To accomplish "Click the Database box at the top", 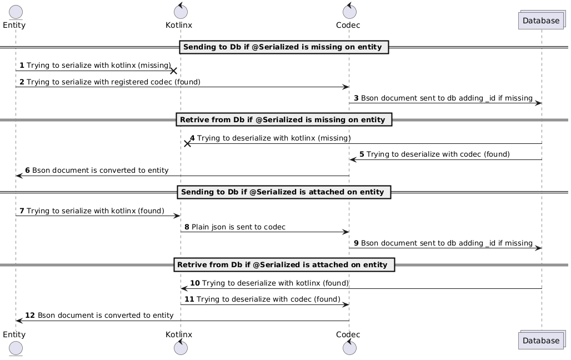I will (542, 21).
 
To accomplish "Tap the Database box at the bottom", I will (542, 340).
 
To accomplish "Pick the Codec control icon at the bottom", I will (349, 348).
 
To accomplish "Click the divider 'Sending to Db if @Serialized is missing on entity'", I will (283, 47).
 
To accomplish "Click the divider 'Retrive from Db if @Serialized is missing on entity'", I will (283, 119).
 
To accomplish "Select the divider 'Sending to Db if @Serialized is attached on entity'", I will (283, 192).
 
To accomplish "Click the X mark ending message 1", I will (174, 71).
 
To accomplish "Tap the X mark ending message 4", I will (188, 143).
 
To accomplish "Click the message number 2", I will (22, 82).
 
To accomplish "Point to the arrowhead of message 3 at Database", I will (538, 103).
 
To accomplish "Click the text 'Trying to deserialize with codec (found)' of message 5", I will (438, 154).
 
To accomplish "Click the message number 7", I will (22, 211).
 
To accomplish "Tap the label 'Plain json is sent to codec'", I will (238, 227).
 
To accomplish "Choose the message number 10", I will (194, 283).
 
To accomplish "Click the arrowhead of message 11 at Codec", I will (345, 304).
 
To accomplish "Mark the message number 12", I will (30, 316).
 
